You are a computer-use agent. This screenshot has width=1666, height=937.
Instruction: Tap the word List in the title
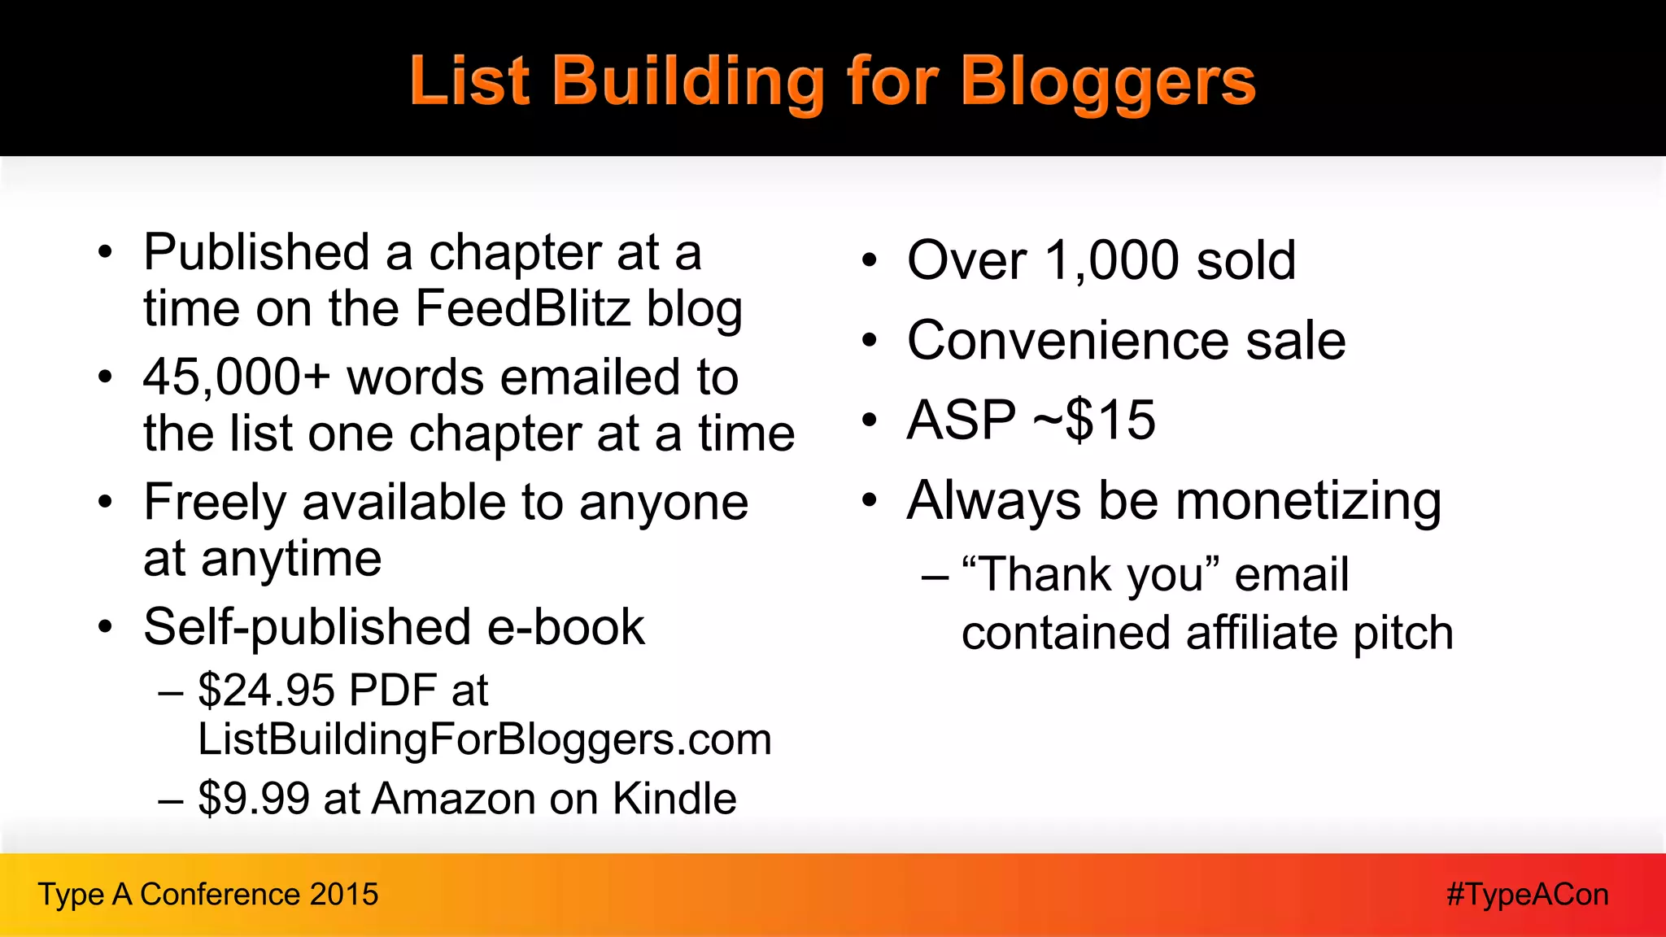(469, 82)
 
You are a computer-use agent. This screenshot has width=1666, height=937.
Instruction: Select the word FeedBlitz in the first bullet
(522, 310)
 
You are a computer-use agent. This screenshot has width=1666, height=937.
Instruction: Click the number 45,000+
(237, 378)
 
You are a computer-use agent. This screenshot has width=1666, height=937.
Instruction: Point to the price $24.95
(266, 691)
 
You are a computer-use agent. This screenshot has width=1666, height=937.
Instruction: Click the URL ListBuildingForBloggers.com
(485, 740)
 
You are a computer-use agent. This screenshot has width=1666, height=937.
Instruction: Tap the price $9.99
(254, 799)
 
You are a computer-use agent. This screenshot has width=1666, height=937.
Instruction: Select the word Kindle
(674, 799)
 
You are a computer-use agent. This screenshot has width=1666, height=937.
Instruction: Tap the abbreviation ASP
(961, 421)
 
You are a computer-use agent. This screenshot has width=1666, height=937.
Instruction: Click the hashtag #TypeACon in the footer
(1527, 895)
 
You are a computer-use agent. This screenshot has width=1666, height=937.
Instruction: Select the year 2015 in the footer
(344, 895)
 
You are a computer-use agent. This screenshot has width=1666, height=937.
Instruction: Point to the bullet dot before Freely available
(105, 503)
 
